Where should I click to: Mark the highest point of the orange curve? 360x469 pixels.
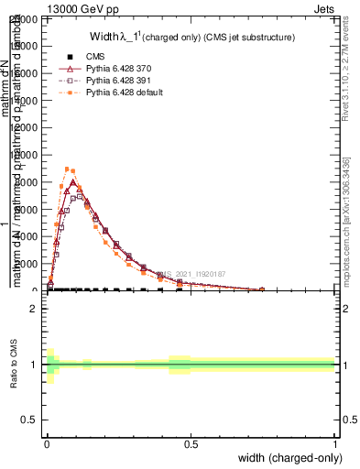click(x=67, y=169)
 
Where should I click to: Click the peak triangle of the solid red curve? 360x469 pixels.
click(x=73, y=182)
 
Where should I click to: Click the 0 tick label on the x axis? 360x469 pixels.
click(x=47, y=444)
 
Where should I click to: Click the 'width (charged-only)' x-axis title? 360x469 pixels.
click(x=289, y=458)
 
